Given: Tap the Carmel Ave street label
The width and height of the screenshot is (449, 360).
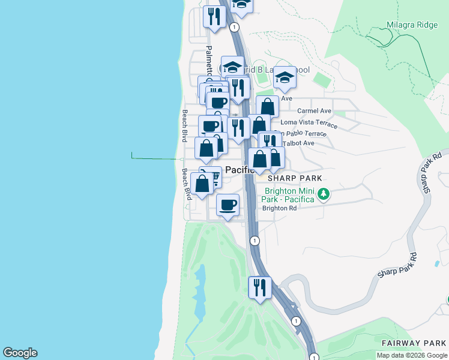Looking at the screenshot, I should pos(315,111).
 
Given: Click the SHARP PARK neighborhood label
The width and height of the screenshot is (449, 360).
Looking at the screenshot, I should pos(295,178).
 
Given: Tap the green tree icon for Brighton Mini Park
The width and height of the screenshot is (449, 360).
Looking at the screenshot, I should pos(324,194).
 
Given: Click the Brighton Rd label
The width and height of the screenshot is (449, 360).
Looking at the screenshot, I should pos(280,208).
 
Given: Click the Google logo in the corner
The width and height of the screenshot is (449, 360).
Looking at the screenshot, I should pos(20,353).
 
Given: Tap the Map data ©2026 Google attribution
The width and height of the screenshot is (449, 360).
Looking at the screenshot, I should pos(411,355).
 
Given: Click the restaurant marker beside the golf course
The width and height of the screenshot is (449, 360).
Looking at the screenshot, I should pos(260,287).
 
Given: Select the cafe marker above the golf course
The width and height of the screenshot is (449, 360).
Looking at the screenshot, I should pos(228,205).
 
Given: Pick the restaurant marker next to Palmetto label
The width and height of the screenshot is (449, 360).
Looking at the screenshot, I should pos(214,16).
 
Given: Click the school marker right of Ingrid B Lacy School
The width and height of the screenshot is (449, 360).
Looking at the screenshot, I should pos(285,77).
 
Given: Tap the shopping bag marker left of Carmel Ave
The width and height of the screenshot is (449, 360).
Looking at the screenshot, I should pos(268,107).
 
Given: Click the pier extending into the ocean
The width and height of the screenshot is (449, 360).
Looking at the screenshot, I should pos(156,158).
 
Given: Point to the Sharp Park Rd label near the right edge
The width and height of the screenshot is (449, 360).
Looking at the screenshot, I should pos(427,176).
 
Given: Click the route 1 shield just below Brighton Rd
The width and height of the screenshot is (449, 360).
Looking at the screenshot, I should pos(255,241).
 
